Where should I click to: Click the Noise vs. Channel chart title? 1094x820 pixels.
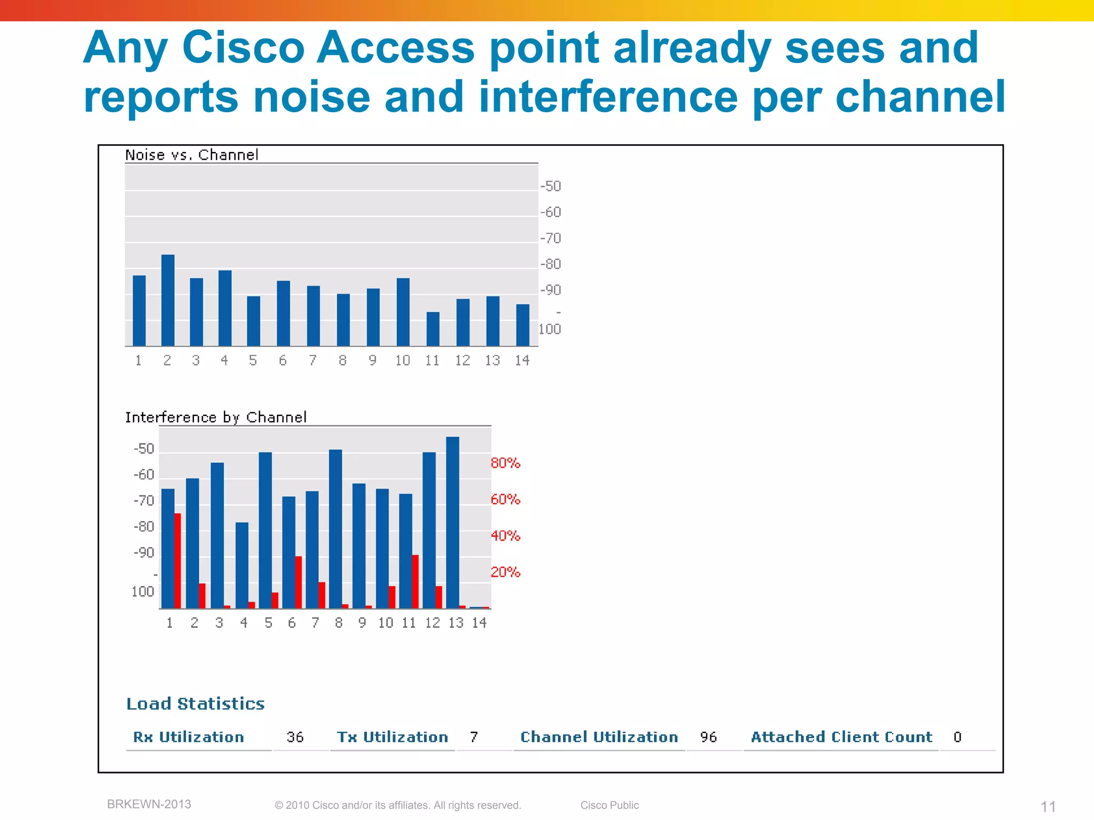tap(191, 155)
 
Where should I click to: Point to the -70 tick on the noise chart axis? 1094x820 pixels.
tap(551, 238)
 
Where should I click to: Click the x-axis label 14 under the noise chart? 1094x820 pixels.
tap(522, 361)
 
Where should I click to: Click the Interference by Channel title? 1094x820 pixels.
tap(216, 417)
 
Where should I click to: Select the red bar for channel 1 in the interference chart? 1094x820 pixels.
tap(178, 561)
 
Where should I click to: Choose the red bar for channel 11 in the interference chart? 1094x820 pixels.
tap(415, 581)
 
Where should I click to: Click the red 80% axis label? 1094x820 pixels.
tap(505, 463)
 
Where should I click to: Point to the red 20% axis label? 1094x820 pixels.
tap(505, 572)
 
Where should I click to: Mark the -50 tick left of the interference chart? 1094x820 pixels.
tap(144, 448)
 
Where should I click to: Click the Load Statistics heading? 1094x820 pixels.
tap(196, 704)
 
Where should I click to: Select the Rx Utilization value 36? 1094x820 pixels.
tap(295, 737)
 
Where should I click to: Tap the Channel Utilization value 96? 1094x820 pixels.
tap(708, 737)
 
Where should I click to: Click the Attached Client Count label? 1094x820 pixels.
tap(841, 737)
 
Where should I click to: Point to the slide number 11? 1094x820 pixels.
tap(1048, 806)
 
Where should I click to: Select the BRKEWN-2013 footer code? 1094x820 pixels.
tap(149, 804)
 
